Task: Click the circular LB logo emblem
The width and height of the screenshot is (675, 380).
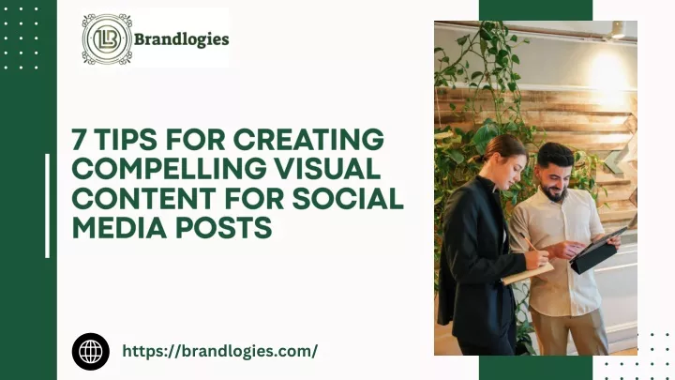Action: coord(107,38)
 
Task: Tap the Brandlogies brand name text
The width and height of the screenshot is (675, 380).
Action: coord(181,39)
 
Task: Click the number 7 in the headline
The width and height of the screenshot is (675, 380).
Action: coord(79,140)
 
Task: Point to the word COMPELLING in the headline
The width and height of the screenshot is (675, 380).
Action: coord(169,169)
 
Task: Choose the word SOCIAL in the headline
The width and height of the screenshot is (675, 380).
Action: coord(348,198)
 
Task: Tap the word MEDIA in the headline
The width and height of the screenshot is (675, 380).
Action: coord(119,227)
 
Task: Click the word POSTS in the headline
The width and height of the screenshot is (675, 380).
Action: coord(223,227)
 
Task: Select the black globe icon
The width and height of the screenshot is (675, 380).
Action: coord(90,352)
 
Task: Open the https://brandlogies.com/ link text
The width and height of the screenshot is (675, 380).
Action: coord(220,351)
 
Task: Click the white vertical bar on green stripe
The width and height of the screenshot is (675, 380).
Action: coord(48,205)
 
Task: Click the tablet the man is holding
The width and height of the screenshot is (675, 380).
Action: coord(598,251)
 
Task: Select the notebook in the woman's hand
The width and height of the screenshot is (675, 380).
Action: coord(527,274)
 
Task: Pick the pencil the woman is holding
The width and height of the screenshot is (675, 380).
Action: coord(531,245)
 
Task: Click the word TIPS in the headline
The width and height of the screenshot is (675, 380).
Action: coord(127,140)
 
